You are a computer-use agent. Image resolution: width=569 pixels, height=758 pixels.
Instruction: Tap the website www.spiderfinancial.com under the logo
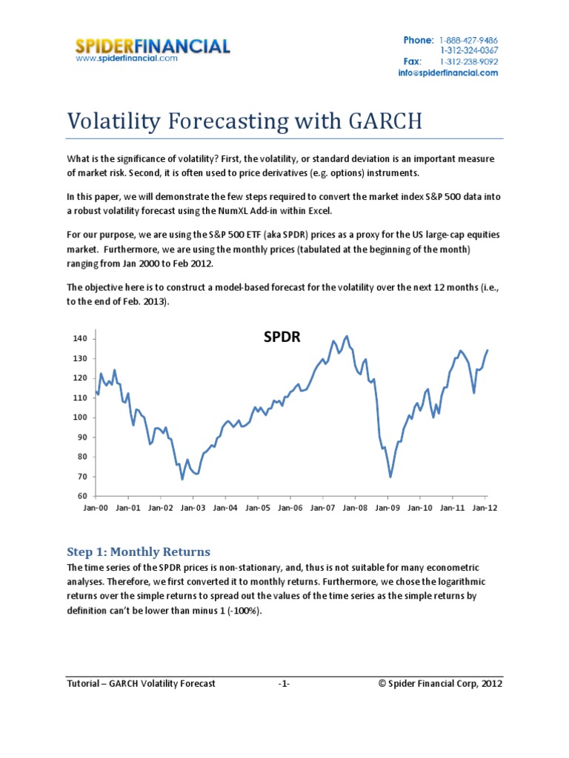[x=127, y=58]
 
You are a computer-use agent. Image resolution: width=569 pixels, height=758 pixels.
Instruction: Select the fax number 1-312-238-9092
[x=468, y=61]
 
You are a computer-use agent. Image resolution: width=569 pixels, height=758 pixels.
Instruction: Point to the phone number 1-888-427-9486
[x=468, y=39]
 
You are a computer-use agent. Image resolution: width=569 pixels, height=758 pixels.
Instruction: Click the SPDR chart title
[x=282, y=338]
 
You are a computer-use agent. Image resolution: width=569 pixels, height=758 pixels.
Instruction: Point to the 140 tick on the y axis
[x=80, y=339]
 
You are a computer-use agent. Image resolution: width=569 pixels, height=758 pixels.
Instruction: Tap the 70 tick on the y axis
[x=82, y=476]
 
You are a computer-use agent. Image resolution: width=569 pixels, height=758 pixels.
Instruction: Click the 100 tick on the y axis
[x=80, y=417]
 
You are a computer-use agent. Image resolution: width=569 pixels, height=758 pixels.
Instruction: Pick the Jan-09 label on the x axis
[x=387, y=509]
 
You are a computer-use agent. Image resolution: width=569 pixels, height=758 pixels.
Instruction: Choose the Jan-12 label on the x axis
[x=485, y=509]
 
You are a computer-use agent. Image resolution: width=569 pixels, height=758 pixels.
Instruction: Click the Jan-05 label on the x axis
[x=257, y=509]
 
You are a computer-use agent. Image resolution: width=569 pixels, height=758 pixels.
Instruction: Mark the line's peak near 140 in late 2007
[x=347, y=336]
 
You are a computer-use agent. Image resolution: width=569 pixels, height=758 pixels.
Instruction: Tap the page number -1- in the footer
[x=284, y=684]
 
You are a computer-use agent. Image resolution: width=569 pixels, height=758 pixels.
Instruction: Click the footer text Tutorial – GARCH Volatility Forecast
[x=141, y=684]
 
